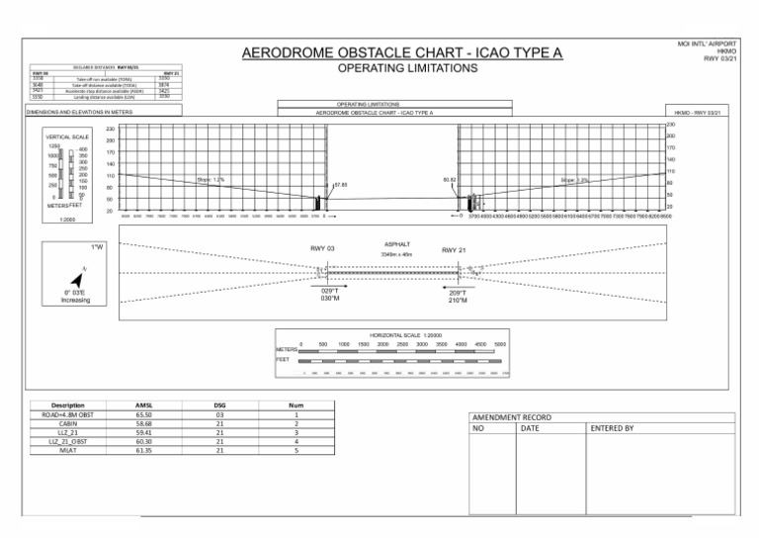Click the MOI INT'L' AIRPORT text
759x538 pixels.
point(714,45)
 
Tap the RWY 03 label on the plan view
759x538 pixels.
point(323,248)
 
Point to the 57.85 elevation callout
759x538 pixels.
point(341,185)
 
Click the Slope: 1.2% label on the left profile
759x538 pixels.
point(211,180)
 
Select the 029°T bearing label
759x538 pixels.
point(332,291)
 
